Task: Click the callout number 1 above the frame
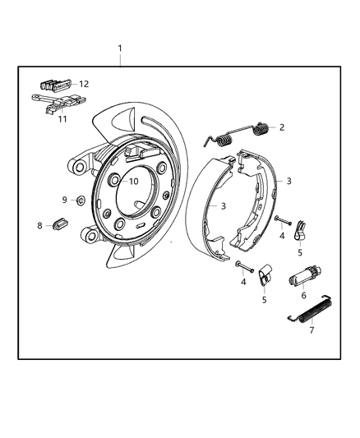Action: pos(120,48)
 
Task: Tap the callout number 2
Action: pos(282,127)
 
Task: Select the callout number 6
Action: pos(304,295)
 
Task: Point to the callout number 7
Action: pos(312,330)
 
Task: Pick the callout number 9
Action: pos(64,200)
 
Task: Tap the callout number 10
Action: pos(133,182)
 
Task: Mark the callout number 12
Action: pos(84,84)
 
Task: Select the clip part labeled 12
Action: pos(53,84)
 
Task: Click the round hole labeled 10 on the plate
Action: pos(115,181)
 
